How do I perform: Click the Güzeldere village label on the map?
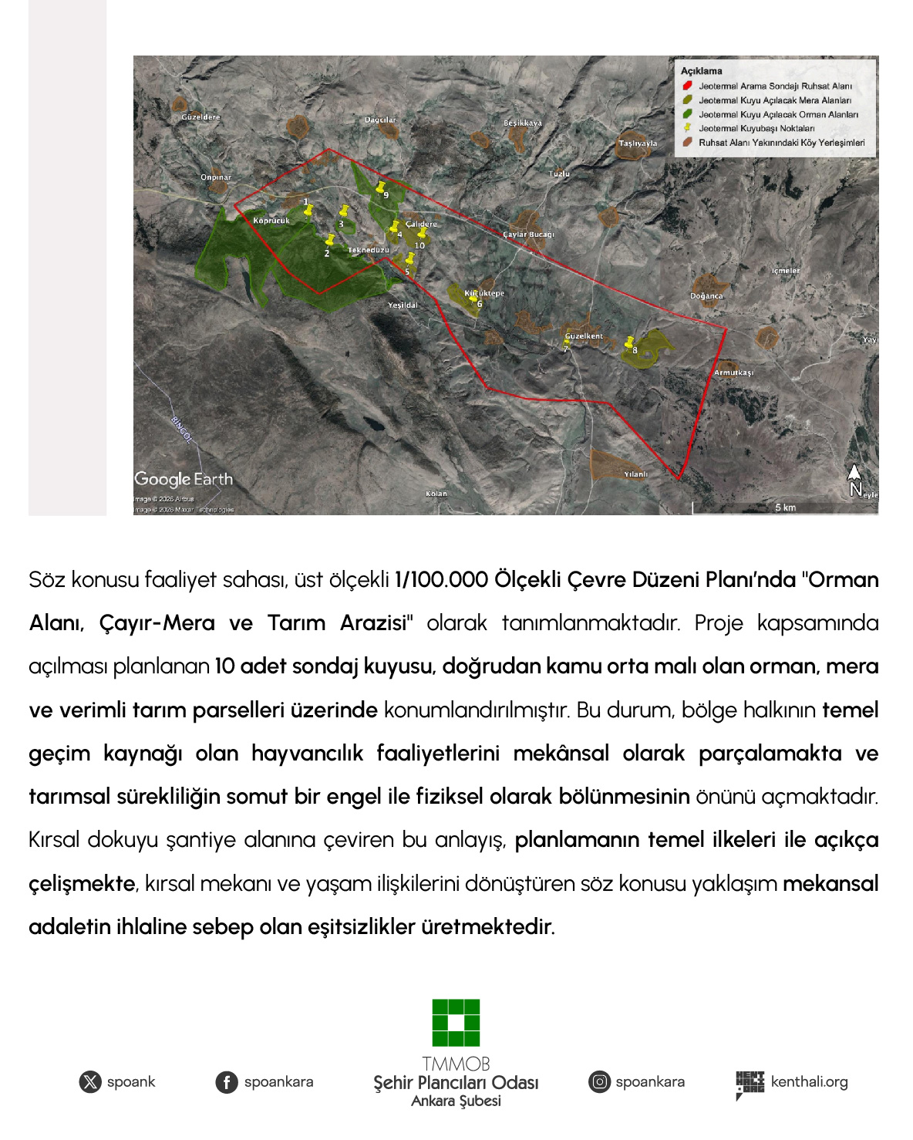[200, 117]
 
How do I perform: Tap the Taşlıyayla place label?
[638, 143]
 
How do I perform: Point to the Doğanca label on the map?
[706, 296]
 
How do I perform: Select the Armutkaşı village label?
[733, 373]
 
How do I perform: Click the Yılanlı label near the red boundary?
[635, 474]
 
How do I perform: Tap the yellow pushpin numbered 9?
[380, 187]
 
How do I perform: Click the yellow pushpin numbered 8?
[629, 342]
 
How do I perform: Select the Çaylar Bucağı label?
[528, 234]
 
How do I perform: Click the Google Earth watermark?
[184, 479]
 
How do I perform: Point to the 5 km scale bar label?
[785, 507]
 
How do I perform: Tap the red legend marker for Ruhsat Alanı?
[687, 86]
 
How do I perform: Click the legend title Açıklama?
[701, 71]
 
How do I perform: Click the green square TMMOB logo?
[456, 1023]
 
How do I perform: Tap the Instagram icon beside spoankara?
[599, 1081]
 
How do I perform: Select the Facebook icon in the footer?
[226, 1082]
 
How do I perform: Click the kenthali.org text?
[809, 1081]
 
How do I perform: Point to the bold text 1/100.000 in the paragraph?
[440, 580]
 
